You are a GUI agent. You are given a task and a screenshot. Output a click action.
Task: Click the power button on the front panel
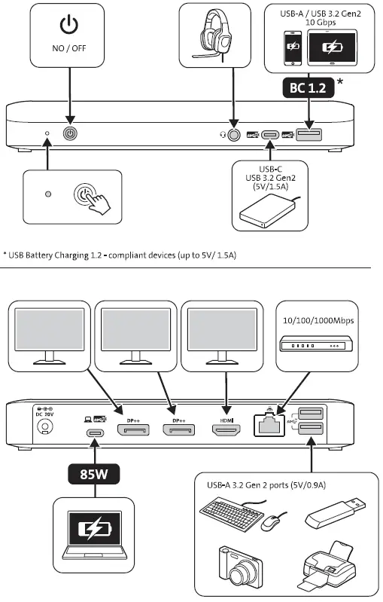(x=71, y=134)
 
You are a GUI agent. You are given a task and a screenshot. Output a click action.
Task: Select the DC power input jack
(x=47, y=427)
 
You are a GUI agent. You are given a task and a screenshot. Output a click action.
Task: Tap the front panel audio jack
(x=235, y=134)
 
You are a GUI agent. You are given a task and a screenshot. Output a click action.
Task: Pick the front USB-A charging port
(x=308, y=134)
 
